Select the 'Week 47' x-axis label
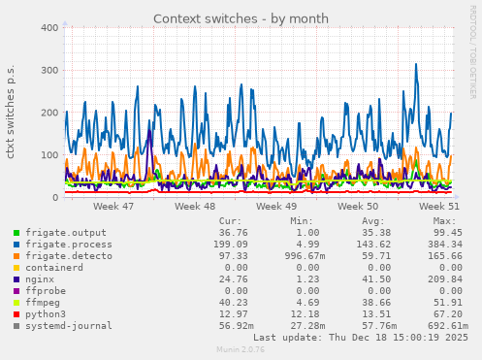pyautogui.click(x=114, y=207)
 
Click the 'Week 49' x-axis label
pyautogui.click(x=277, y=207)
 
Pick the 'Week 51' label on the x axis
pyautogui.click(x=439, y=207)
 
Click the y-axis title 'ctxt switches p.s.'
pyautogui.click(x=11, y=113)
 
